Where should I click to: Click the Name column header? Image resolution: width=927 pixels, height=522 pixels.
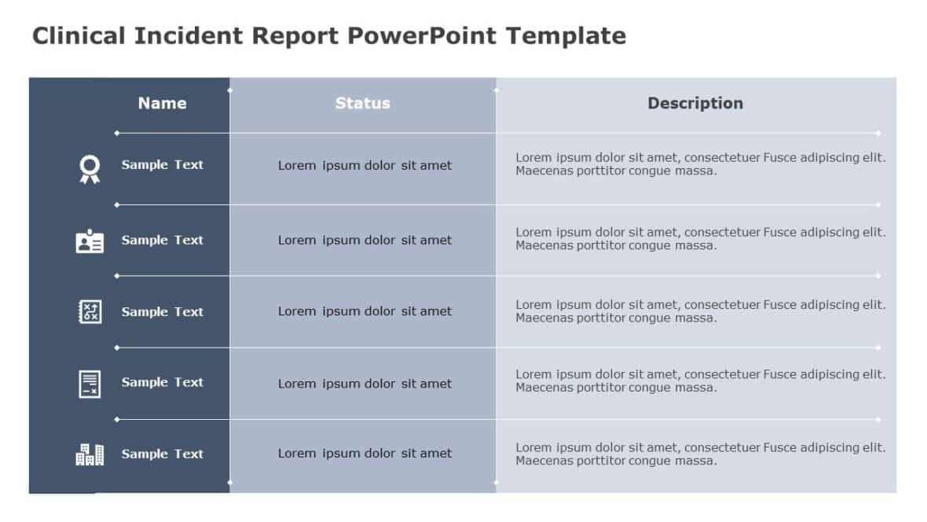pos(162,103)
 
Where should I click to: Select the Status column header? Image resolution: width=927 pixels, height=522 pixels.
pos(362,103)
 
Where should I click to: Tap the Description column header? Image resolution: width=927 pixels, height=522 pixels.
pos(694,103)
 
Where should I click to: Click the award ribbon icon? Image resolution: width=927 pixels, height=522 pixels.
pos(90,168)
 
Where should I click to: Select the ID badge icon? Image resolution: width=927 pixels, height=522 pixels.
pos(90,241)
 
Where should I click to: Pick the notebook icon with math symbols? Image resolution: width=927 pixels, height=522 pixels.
pos(90,311)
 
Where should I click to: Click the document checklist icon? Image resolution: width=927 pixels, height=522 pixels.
pos(90,384)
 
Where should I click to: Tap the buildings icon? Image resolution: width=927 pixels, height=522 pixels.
pos(90,454)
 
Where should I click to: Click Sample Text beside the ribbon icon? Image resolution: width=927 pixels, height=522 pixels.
pos(162,165)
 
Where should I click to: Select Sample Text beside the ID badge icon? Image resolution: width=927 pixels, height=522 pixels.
pos(162,241)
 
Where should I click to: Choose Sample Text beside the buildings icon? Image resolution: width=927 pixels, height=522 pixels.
pos(162,454)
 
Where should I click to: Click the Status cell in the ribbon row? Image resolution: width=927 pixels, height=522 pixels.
pos(365,166)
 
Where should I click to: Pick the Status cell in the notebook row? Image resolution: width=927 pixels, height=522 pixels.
pos(365,311)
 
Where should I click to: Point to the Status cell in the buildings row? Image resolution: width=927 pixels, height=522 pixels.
pos(365,454)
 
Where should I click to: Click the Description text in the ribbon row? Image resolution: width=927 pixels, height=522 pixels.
pos(700,164)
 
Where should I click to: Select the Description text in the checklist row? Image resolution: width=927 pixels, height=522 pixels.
pos(700,381)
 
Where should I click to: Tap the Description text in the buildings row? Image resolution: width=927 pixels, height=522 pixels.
pos(700,454)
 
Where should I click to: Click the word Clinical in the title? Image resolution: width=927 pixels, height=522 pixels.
pos(79,36)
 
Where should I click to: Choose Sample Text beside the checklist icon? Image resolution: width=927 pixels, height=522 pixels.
pos(162,383)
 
